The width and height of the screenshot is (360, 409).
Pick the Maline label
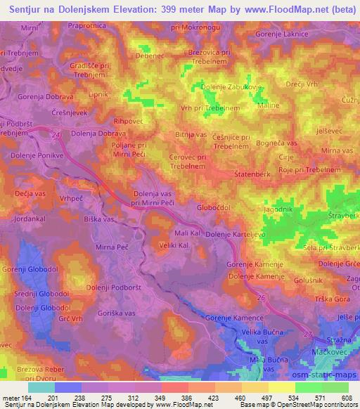tap(269, 105)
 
